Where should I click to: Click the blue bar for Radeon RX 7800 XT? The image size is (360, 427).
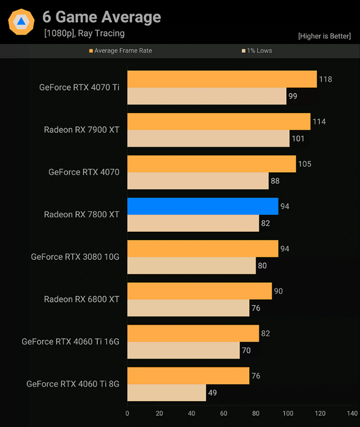pos(202,206)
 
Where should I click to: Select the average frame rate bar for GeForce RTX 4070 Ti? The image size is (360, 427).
pos(222,79)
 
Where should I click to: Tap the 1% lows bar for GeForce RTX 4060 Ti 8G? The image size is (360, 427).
pos(166,393)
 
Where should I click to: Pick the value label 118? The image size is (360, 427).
pos(325,79)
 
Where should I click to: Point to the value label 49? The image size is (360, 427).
pos(212,393)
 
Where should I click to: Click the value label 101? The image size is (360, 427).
pos(299,138)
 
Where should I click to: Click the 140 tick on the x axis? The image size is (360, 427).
pos(352,413)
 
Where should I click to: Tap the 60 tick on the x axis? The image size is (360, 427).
pos(224,413)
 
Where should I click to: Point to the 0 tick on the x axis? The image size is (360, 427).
pos(128,413)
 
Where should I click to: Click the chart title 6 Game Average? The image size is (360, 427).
pos(102,17)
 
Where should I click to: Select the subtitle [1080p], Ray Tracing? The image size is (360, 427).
pos(84,34)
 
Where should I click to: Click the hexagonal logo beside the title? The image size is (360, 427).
pos(21,22)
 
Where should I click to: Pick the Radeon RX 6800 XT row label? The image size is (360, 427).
pos(82,299)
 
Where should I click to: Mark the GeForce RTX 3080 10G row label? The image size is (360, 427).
pos(75,257)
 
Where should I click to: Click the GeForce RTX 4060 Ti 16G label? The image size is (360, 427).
pos(70,341)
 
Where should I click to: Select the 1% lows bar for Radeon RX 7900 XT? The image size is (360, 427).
pos(208,138)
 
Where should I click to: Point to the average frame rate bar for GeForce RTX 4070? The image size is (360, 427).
pos(211,164)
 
